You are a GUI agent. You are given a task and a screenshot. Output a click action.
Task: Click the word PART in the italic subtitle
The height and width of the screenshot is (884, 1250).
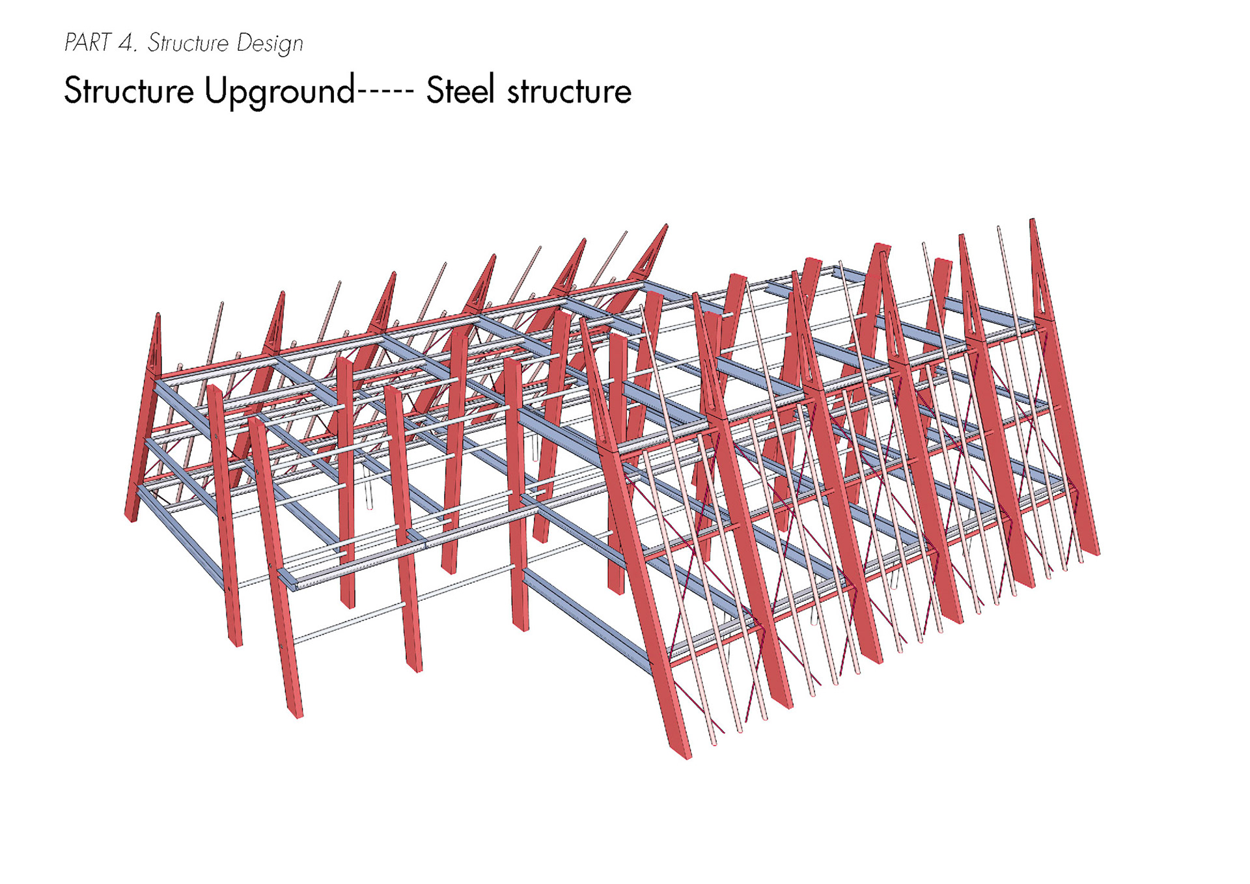[x=87, y=43]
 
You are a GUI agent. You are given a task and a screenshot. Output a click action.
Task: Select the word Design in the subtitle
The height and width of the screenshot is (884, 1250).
[x=270, y=44]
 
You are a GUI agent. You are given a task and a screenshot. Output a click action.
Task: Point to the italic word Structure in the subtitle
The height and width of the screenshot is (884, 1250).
[x=188, y=43]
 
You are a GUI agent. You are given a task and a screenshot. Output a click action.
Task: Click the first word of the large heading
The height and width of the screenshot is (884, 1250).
[x=128, y=90]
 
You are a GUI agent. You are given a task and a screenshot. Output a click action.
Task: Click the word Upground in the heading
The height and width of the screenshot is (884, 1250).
[x=280, y=92]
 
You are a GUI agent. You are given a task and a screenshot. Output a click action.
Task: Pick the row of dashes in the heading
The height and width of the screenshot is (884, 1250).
[x=385, y=92]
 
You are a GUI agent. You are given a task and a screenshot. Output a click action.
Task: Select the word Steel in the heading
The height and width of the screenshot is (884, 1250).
[x=460, y=90]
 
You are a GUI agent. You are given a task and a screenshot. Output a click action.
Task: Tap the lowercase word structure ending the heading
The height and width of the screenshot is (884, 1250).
[x=569, y=92]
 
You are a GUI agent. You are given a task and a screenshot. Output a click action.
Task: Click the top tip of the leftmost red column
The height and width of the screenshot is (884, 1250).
[x=158, y=316]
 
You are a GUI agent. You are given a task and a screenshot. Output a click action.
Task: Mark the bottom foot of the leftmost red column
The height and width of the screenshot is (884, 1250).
[x=130, y=518]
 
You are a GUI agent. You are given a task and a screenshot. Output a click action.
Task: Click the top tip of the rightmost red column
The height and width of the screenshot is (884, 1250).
[x=1033, y=221]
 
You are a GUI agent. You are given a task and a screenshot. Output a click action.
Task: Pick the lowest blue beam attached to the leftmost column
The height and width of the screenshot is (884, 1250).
[x=182, y=534]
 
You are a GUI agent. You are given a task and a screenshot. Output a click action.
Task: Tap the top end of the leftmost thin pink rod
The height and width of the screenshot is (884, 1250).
[x=222, y=304]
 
